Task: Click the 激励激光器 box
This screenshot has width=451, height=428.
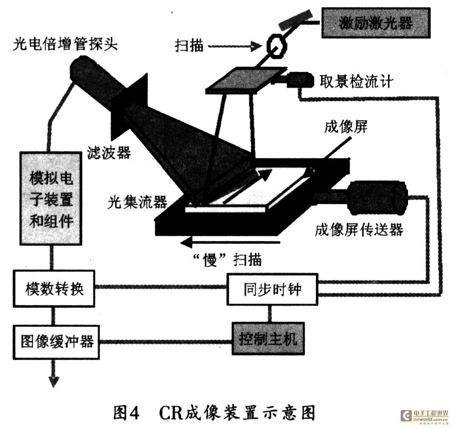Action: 376,23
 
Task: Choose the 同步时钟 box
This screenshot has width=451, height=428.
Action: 272,288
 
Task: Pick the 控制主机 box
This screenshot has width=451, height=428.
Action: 268,339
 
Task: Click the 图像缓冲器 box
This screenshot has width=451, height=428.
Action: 57,342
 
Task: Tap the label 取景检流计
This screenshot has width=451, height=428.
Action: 357,81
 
